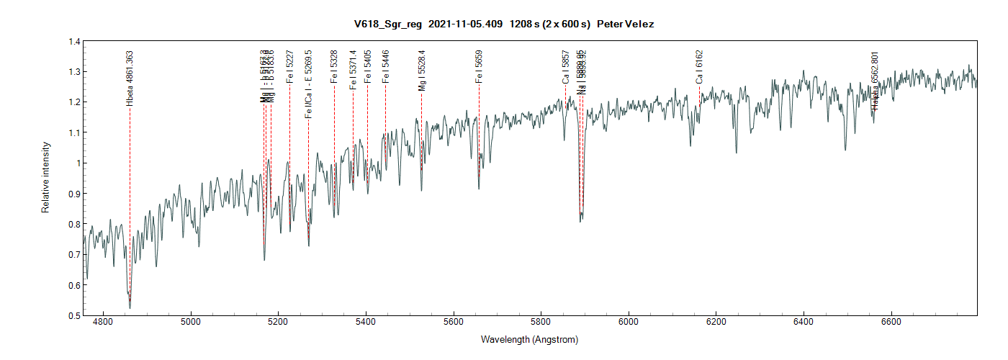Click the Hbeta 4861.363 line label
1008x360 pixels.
coord(130,78)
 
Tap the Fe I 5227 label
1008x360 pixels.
coord(289,67)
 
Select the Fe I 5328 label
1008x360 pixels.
coord(334,67)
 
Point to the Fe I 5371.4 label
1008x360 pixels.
coord(353,69)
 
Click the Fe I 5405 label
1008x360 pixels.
coord(367,67)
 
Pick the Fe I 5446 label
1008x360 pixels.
coord(385,67)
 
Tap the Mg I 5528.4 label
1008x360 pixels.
coord(421,71)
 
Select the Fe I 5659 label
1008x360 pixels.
coord(479,67)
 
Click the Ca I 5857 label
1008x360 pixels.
coord(566,67)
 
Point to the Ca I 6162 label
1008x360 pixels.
coord(698,67)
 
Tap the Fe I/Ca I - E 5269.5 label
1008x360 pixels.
coord(308,84)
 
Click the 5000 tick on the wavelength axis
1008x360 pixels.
coord(191,323)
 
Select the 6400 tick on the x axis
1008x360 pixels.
coord(804,323)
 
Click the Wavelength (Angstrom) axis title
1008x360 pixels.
coord(529,340)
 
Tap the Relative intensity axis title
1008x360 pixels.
coord(45,178)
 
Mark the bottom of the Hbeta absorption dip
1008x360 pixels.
coord(130,308)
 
